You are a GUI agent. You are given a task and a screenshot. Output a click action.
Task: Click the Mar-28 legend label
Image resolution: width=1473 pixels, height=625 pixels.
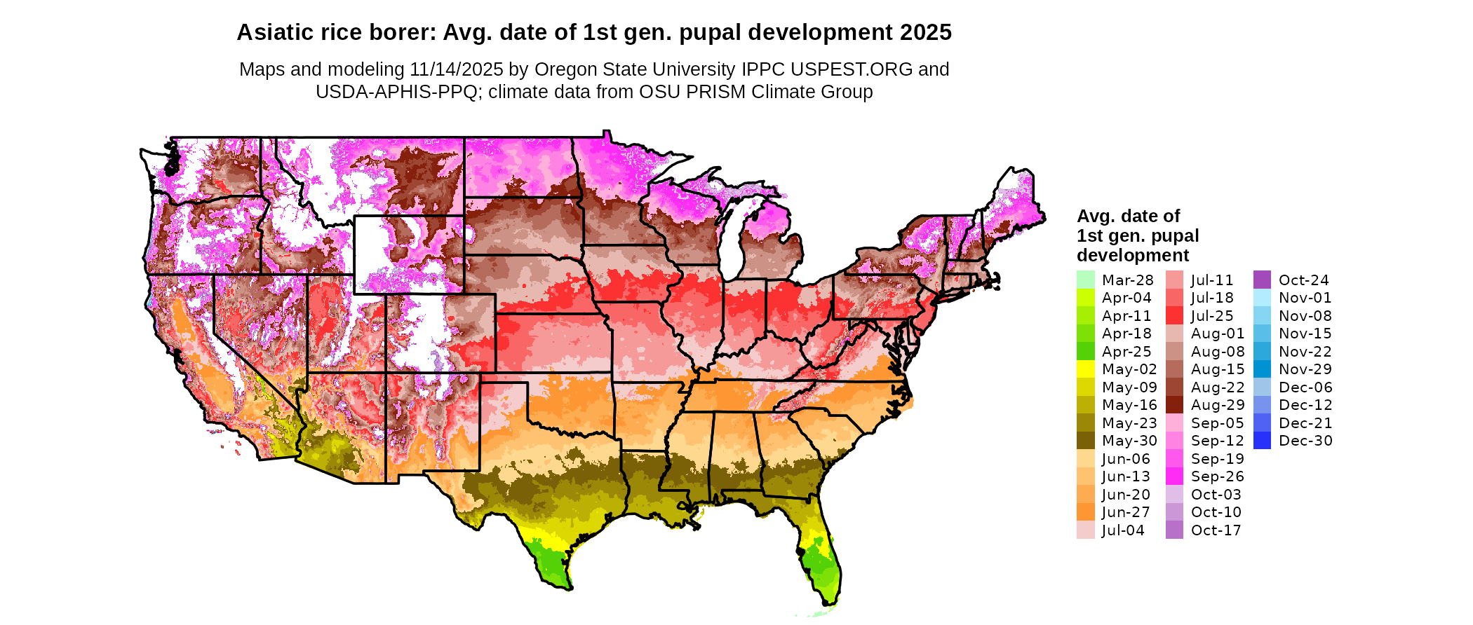pos(1127,280)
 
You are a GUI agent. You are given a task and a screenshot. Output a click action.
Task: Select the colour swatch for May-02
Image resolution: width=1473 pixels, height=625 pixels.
pos(1085,369)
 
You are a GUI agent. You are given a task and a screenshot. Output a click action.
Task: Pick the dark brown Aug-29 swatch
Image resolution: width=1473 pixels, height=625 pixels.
pos(1174,405)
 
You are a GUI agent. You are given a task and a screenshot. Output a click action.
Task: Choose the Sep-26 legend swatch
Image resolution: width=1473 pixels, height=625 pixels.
pos(1174,476)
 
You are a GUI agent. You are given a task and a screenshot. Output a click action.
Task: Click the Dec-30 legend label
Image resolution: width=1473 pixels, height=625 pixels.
pos(1305,441)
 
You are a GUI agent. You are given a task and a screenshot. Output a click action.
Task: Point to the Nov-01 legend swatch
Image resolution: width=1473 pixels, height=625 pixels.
pos(1262,298)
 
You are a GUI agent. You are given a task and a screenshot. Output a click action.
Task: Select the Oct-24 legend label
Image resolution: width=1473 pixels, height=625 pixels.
pos(1303,280)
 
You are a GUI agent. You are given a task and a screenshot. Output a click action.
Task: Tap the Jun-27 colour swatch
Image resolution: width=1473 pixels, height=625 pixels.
pos(1085,512)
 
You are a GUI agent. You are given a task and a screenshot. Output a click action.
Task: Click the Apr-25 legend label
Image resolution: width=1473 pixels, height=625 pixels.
pos(1126,352)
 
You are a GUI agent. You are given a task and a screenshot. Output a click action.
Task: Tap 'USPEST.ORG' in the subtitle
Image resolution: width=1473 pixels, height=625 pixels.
pos(852,69)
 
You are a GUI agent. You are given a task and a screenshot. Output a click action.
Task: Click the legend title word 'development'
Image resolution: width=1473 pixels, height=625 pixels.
pos(1133,255)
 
